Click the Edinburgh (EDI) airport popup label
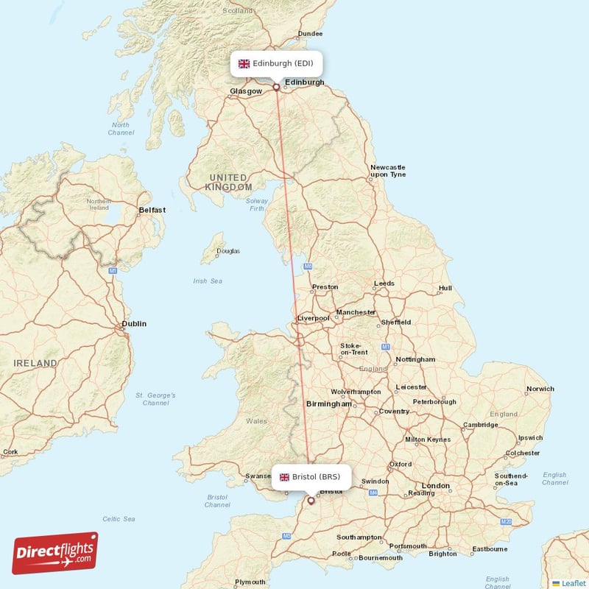point(277,63)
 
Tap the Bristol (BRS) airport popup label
point(310,476)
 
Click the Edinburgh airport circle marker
point(277,87)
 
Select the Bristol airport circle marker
point(311,501)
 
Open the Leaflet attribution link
point(573,582)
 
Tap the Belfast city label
point(152,210)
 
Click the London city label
point(436,486)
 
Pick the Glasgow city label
point(246,91)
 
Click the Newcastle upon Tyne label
point(388,171)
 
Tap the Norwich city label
point(540,389)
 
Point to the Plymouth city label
point(250,582)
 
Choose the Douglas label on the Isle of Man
point(228,251)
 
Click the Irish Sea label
point(207,281)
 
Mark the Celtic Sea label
point(119,519)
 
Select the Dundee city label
point(310,34)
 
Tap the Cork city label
point(10,451)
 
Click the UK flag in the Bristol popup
point(283,476)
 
